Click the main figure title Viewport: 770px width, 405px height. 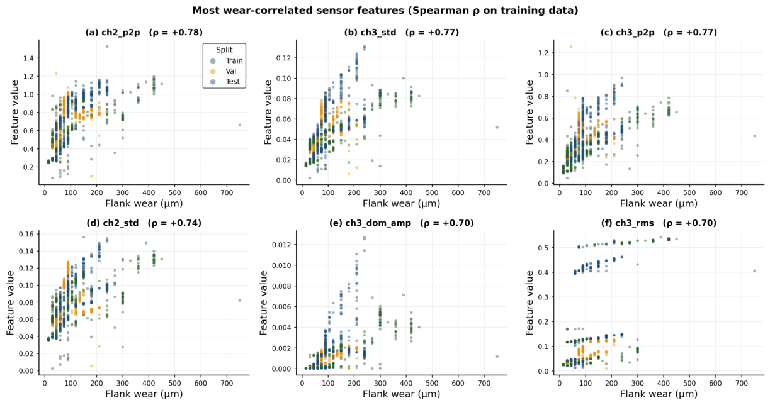pyautogui.click(x=385, y=11)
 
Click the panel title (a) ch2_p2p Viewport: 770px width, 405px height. pyautogui.click(x=144, y=33)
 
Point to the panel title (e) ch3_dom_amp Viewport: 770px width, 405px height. pyautogui.click(x=401, y=223)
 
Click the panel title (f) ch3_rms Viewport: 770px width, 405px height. pyautogui.click(x=659, y=223)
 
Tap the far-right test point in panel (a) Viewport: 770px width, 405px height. pyautogui.click(x=240, y=125)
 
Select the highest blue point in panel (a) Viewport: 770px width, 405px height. pyautogui.click(x=107, y=47)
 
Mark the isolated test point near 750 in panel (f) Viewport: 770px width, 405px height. pyautogui.click(x=754, y=271)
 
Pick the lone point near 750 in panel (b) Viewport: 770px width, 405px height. pyautogui.click(x=497, y=127)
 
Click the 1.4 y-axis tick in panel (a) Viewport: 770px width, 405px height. pyautogui.click(x=28, y=58)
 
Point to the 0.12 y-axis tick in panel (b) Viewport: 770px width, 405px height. pyautogui.click(x=283, y=58)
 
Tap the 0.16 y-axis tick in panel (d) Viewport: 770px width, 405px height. pyautogui.click(x=26, y=234)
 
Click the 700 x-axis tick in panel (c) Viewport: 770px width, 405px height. pyautogui.click(x=742, y=192)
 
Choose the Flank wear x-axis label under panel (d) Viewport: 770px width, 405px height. pyautogui.click(x=144, y=394)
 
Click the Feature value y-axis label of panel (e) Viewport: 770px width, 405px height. pyautogui.click(x=264, y=302)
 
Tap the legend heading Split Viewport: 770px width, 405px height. pyautogui.click(x=224, y=50)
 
